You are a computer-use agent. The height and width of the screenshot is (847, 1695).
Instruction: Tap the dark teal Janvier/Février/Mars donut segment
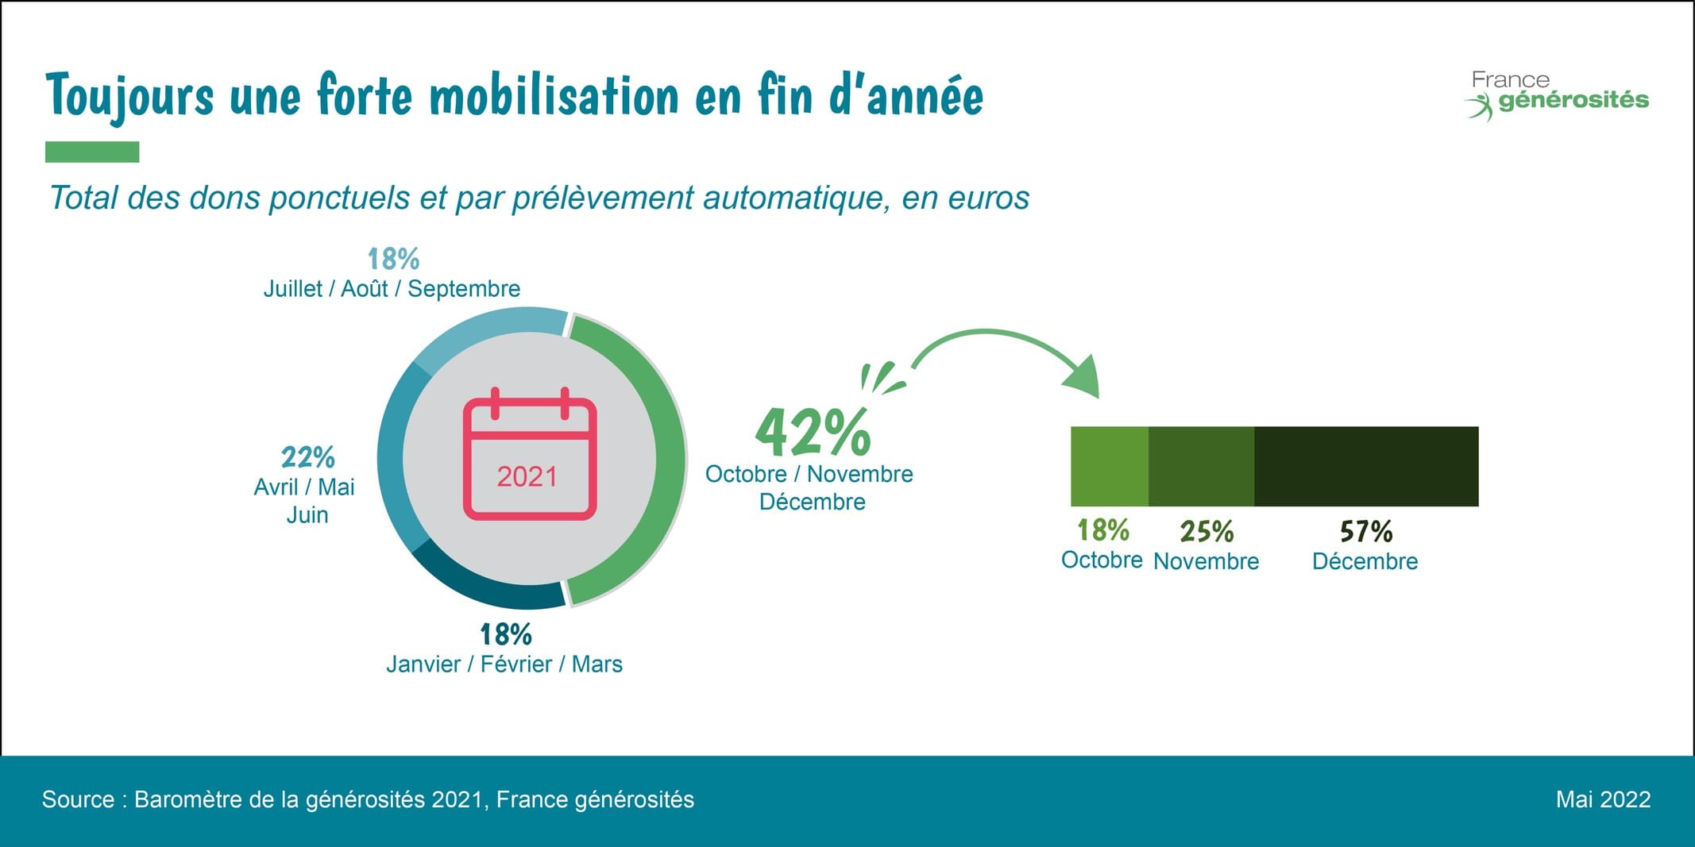(485, 588)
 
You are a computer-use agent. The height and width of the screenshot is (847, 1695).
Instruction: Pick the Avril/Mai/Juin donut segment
(391, 457)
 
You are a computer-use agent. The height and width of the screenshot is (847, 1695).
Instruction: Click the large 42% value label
(812, 433)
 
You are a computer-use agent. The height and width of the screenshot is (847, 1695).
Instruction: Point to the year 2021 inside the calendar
(527, 476)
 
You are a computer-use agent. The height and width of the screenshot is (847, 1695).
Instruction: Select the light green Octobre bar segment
(1109, 466)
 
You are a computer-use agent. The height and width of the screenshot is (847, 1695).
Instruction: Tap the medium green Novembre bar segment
(1201, 466)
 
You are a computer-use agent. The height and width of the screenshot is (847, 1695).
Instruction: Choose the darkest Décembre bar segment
(1366, 466)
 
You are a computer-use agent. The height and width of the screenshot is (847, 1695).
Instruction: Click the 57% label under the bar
(1366, 531)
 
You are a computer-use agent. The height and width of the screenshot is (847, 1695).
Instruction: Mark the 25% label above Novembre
(1207, 531)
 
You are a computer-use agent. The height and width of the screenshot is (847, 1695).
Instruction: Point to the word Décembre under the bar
(1365, 561)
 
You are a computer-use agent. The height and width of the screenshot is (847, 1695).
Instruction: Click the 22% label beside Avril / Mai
(307, 457)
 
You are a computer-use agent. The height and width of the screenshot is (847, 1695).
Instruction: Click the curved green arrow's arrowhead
(1084, 378)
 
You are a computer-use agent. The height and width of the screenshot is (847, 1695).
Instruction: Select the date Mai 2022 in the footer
(1603, 799)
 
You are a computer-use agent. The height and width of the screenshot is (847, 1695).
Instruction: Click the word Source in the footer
(77, 799)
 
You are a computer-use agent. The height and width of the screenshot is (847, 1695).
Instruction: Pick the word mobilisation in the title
(554, 95)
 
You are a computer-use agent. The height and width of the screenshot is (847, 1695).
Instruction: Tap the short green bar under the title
(92, 152)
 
